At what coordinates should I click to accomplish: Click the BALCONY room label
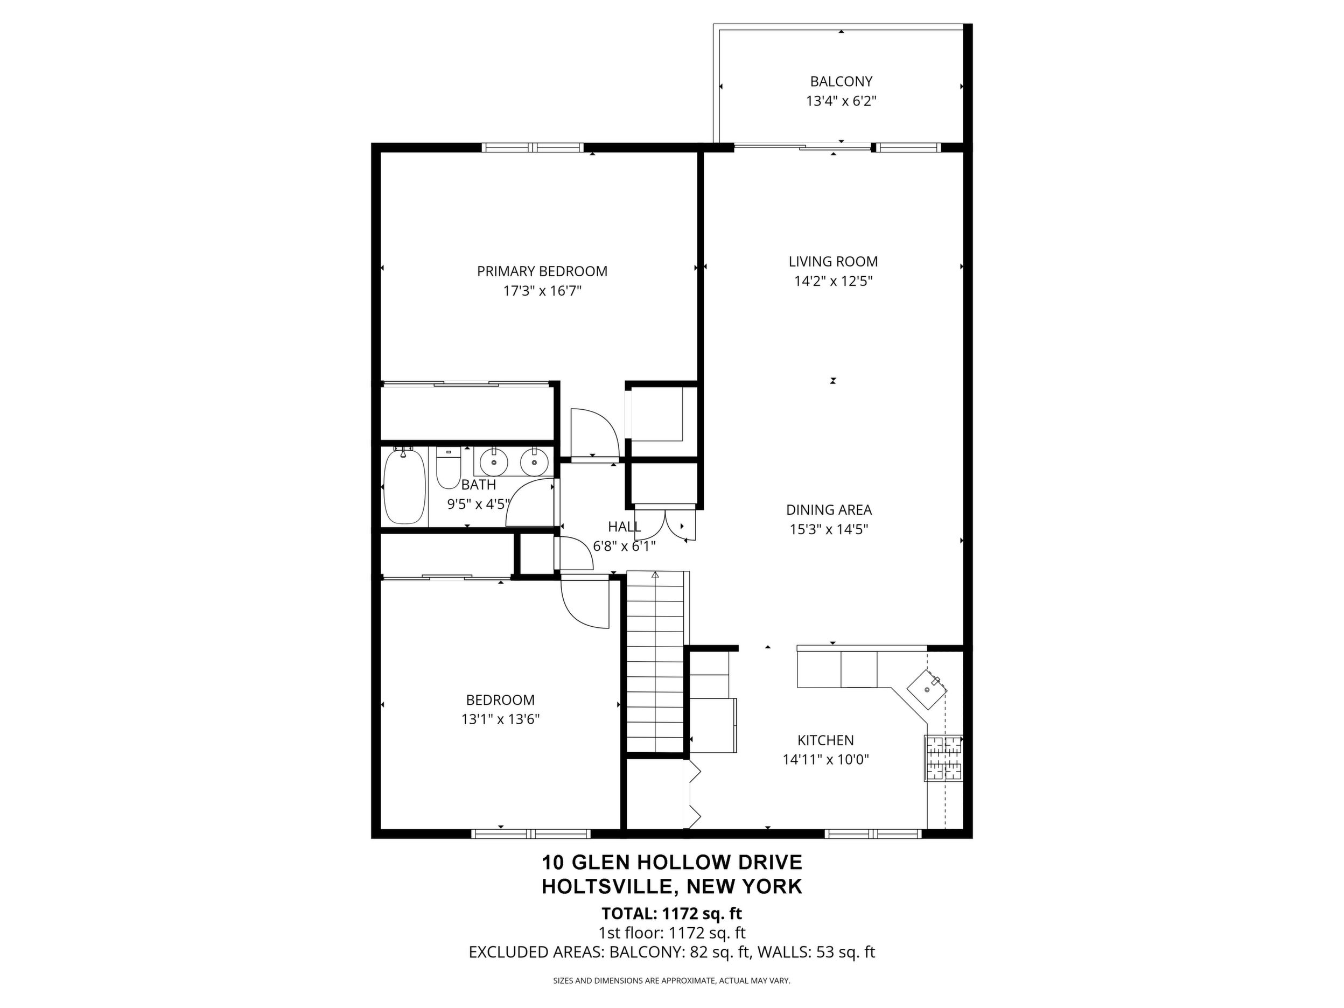click(841, 81)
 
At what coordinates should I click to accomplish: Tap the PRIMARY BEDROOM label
click(542, 271)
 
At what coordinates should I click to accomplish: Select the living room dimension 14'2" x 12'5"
click(833, 281)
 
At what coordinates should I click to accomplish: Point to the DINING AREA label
click(829, 510)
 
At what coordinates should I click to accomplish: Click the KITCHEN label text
click(825, 740)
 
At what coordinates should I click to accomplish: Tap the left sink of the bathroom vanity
click(494, 463)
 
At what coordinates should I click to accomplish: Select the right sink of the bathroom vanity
click(534, 463)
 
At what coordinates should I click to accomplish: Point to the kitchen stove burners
click(943, 758)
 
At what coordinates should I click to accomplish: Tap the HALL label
click(624, 527)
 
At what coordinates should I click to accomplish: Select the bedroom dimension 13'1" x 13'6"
click(501, 719)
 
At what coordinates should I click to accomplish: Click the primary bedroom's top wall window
click(533, 147)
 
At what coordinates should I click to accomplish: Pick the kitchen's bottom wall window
click(873, 834)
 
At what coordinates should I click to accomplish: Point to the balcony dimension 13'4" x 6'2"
click(841, 101)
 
